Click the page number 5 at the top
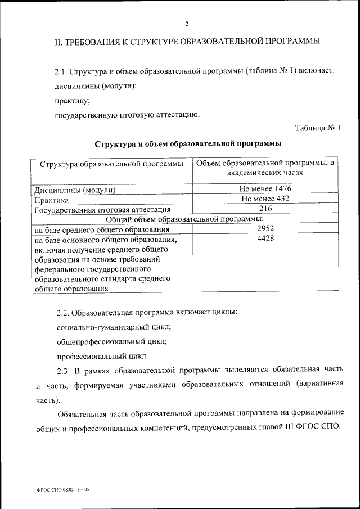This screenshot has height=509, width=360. tap(187, 23)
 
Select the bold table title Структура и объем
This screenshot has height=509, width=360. tap(188, 144)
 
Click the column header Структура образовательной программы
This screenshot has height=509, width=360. tap(111, 164)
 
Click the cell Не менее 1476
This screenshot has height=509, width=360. tap(265, 189)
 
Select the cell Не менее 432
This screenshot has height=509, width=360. tap(265, 199)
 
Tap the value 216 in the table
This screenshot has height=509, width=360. tap(265, 209)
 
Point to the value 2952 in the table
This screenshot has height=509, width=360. tap(265, 229)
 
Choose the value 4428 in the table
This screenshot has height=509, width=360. tap(265, 239)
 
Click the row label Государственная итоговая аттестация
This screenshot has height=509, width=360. tap(102, 210)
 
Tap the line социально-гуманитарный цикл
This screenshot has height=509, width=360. tap(114, 326)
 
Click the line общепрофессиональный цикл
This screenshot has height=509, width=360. tap(111, 341)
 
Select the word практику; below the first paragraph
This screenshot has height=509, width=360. tap(72, 101)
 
